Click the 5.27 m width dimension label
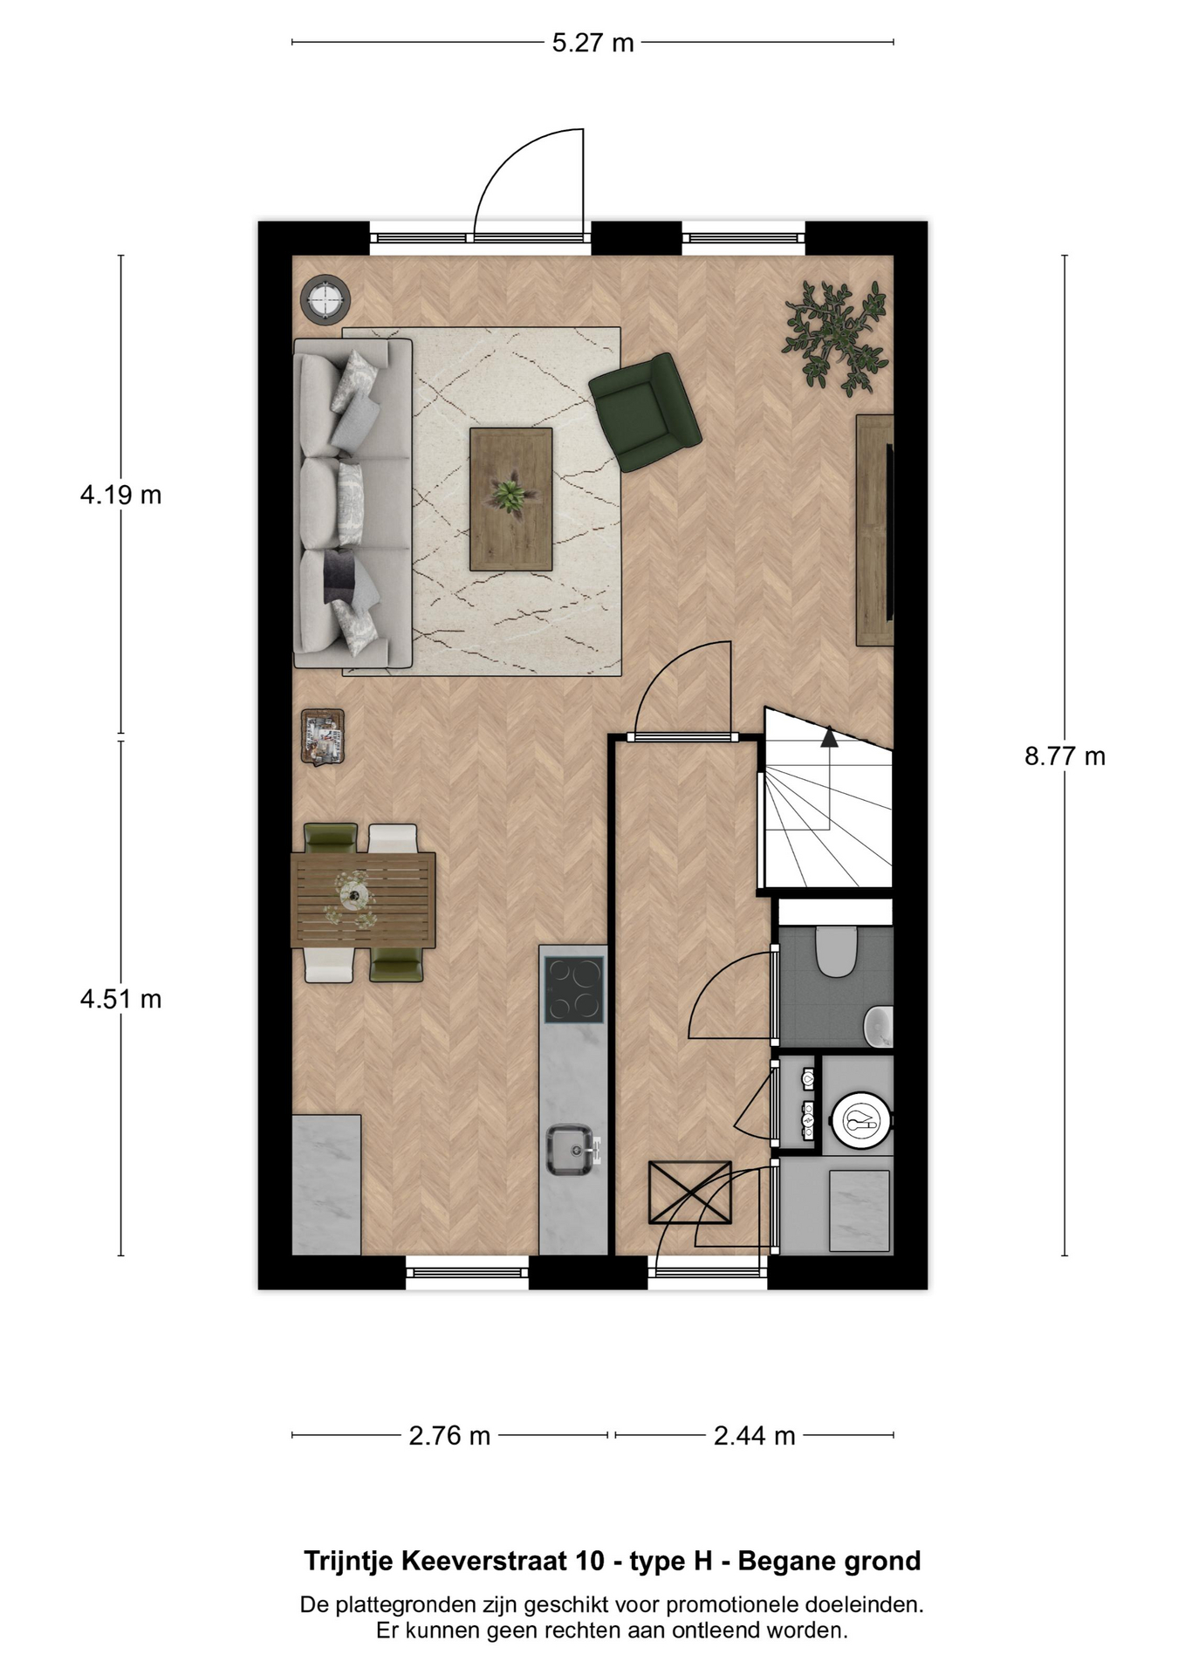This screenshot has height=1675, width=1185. click(592, 43)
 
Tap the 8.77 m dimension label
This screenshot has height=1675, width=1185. click(1065, 755)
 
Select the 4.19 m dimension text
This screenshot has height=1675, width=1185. click(120, 495)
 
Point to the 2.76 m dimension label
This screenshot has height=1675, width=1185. click(449, 1435)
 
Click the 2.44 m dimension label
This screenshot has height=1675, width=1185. click(754, 1435)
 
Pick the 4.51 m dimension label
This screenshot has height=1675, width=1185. click(120, 998)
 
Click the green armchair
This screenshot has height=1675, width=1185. click(646, 412)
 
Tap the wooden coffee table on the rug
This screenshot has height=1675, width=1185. click(511, 499)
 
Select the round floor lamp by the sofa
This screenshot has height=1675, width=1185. click(325, 299)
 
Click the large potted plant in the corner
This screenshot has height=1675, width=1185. click(836, 337)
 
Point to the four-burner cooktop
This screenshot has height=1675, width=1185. click(573, 989)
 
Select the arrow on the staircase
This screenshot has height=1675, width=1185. click(828, 738)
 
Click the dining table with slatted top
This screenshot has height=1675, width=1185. click(363, 900)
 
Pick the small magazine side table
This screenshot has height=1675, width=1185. click(323, 736)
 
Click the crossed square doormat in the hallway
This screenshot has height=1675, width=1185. click(689, 1193)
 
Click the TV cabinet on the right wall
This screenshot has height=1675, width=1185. click(874, 530)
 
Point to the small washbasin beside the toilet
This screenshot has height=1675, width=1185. click(880, 1026)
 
